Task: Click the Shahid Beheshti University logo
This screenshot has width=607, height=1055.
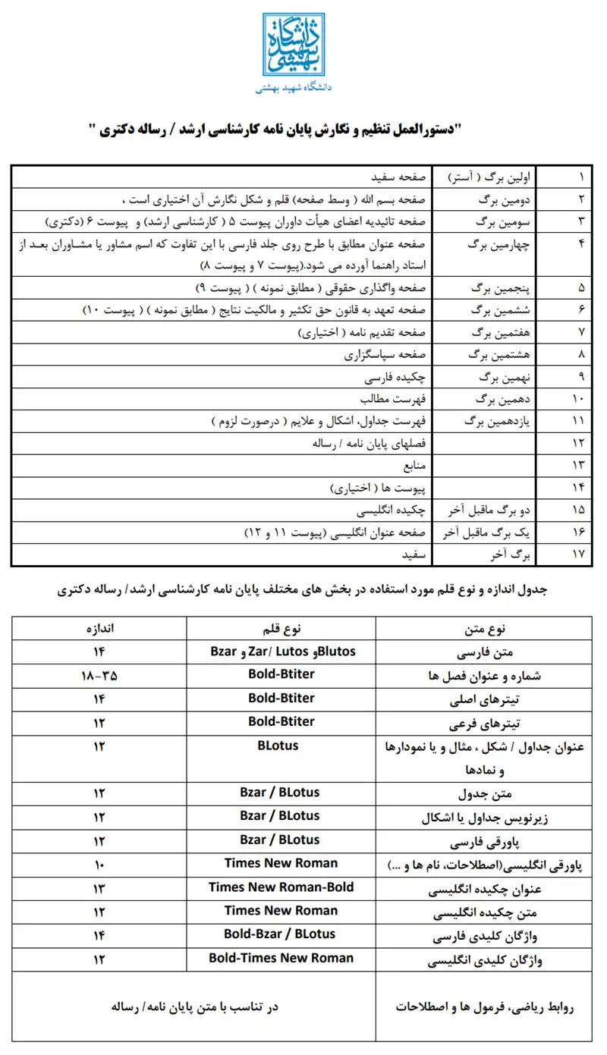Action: point(294,45)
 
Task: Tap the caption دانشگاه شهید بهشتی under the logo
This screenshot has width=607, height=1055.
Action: point(294,88)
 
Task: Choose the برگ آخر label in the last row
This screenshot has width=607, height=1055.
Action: point(515,554)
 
